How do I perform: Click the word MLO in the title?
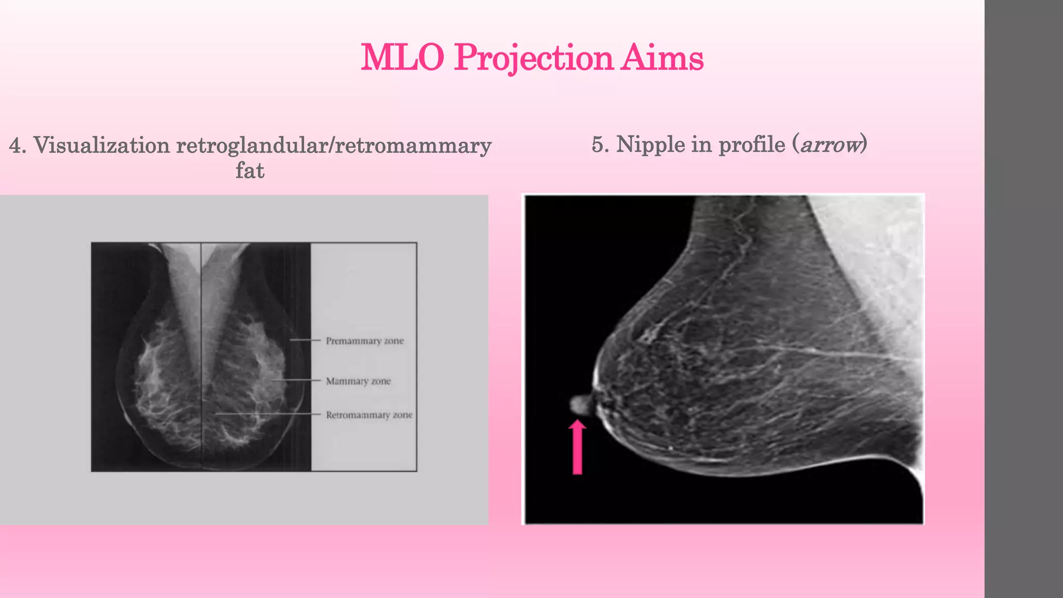pyautogui.click(x=402, y=57)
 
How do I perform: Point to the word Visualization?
pyautogui.click(x=102, y=145)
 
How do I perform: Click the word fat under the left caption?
pyautogui.click(x=250, y=171)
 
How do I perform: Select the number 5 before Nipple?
pyautogui.click(x=599, y=144)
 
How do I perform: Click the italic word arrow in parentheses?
pyautogui.click(x=830, y=145)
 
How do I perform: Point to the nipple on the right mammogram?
pyautogui.click(x=579, y=404)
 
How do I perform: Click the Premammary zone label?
pyautogui.click(x=365, y=341)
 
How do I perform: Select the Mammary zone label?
pyautogui.click(x=358, y=381)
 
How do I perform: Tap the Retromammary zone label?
pyautogui.click(x=369, y=415)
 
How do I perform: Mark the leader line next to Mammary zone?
pyautogui.click(x=296, y=380)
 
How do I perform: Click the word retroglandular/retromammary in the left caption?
pyautogui.click(x=334, y=145)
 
